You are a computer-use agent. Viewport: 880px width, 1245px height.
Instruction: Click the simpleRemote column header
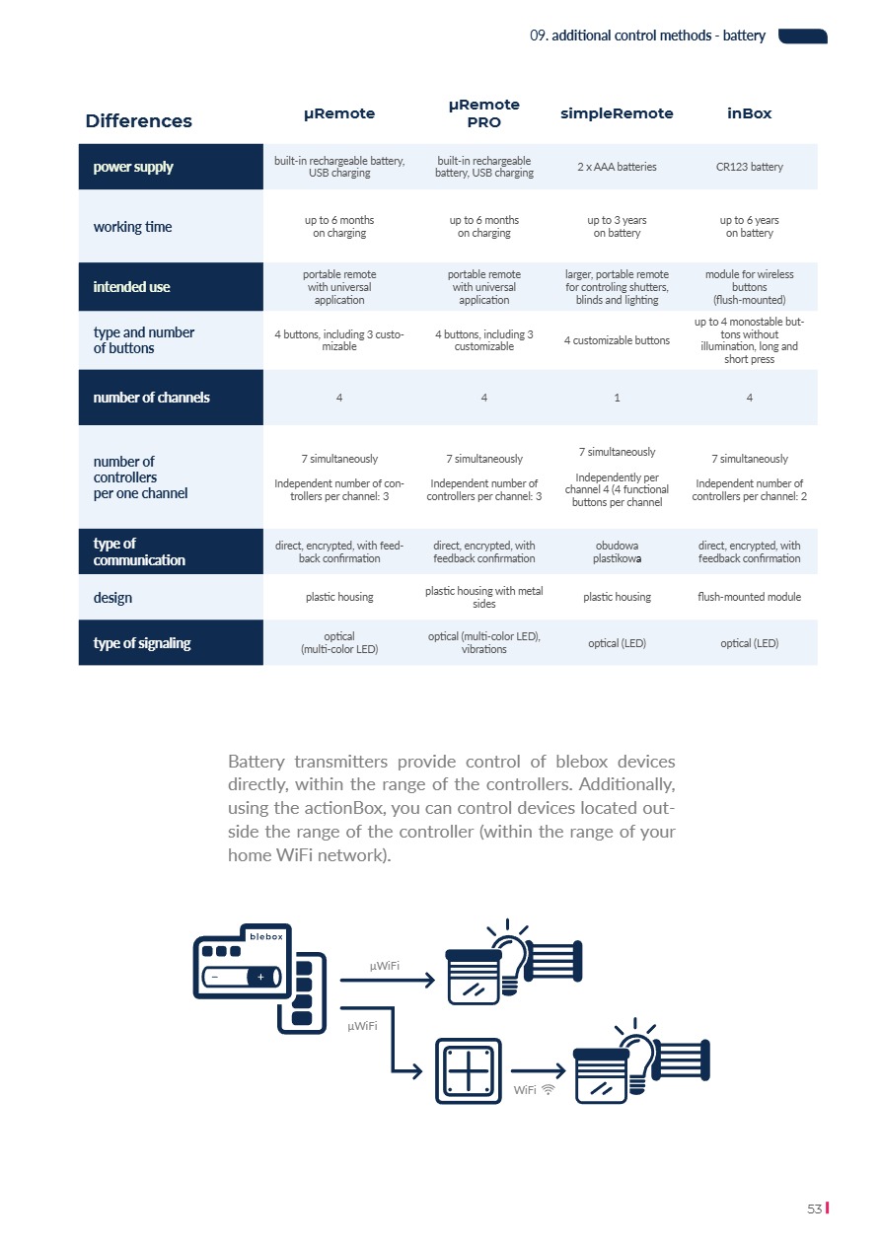pos(617,113)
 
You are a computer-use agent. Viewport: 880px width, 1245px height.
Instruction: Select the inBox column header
pos(750,113)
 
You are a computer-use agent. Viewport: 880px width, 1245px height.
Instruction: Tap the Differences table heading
pos(138,121)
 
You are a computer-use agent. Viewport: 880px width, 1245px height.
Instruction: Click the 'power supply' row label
pos(133,167)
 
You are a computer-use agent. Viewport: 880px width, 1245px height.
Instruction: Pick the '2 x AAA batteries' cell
pos(617,167)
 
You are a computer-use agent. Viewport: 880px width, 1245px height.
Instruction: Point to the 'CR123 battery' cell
pos(750,167)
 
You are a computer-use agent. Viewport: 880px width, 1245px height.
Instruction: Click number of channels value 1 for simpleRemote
pos(617,398)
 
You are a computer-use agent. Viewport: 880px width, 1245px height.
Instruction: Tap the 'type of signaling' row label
pos(142,643)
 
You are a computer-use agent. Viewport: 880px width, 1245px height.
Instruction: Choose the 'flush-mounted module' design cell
pos(750,597)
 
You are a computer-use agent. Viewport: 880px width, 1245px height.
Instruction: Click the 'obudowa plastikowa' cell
pos(617,551)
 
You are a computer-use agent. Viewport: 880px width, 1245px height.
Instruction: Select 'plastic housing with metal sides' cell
pos(484,597)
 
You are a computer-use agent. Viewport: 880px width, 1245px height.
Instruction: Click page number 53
pos(815,1208)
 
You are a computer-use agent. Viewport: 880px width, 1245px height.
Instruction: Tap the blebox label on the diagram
pos(266,936)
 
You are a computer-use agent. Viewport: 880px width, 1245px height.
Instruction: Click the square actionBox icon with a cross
pos(468,1071)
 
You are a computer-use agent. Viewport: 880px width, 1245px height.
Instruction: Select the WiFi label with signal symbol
pos(534,1090)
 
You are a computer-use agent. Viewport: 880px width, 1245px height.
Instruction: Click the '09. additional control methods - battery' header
pos(647,36)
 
